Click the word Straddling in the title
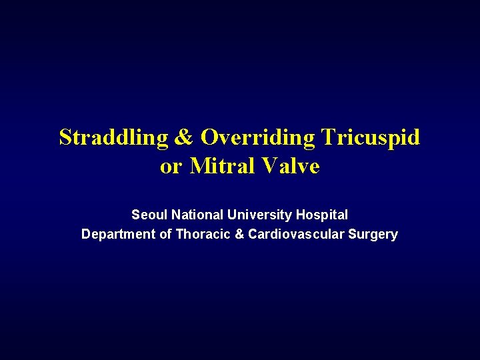pos(111,137)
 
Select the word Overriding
pos(258,137)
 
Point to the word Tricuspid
pos(370,137)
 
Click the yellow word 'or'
pos(170,166)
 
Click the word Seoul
pos(149,215)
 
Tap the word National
pos(197,215)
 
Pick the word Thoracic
pos(201,235)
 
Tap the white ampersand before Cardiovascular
pos(238,235)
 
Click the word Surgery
pos(374,235)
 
